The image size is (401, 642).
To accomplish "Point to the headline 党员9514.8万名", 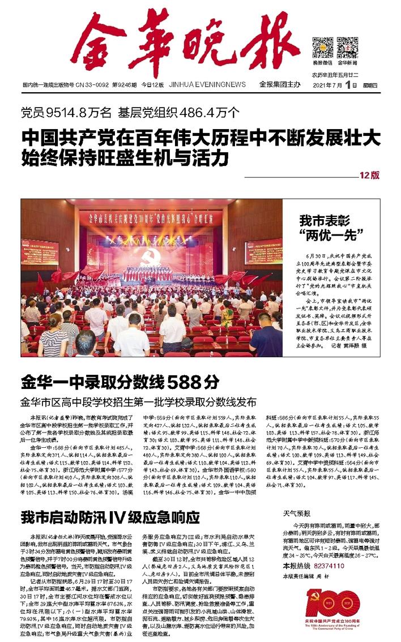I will click(x=66, y=112).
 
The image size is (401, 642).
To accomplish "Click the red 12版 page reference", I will click(x=369, y=176).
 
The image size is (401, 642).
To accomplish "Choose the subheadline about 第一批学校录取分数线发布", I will click(x=139, y=402).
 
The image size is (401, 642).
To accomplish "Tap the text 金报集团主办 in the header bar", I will click(x=279, y=84).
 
